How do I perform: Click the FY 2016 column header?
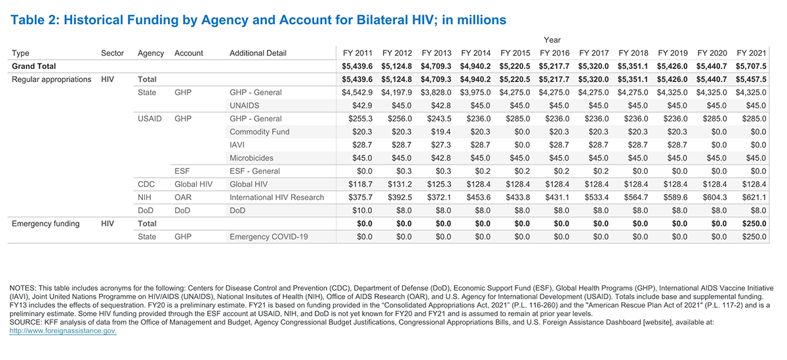pyautogui.click(x=554, y=53)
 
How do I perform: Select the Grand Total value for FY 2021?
pyautogui.click(x=751, y=66)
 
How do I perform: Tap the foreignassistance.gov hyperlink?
pyautogui.click(x=63, y=330)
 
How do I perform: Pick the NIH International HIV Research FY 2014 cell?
pyautogui.click(x=478, y=197)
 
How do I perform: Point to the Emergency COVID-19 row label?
pyautogui.click(x=269, y=237)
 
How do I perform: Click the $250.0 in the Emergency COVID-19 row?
pyautogui.click(x=754, y=237)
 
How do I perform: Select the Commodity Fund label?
pyautogui.click(x=260, y=132)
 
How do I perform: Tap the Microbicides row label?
pyautogui.click(x=252, y=158)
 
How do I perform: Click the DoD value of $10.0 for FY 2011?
pyautogui.click(x=362, y=210)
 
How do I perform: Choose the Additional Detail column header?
pyautogui.click(x=258, y=53)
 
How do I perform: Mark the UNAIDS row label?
pyautogui.click(x=245, y=106)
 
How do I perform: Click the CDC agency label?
pyautogui.click(x=146, y=184)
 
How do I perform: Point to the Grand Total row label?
pyautogui.click(x=33, y=66)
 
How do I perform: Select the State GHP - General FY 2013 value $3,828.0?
pyautogui.click(x=436, y=92)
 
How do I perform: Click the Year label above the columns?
pyautogui.click(x=552, y=40)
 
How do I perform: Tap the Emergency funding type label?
pyautogui.click(x=46, y=224)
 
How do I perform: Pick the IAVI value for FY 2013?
pyautogui.click(x=441, y=145)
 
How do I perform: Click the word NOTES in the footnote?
pyautogui.click(x=22, y=288)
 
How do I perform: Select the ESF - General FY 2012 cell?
pyautogui.click(x=404, y=171)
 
